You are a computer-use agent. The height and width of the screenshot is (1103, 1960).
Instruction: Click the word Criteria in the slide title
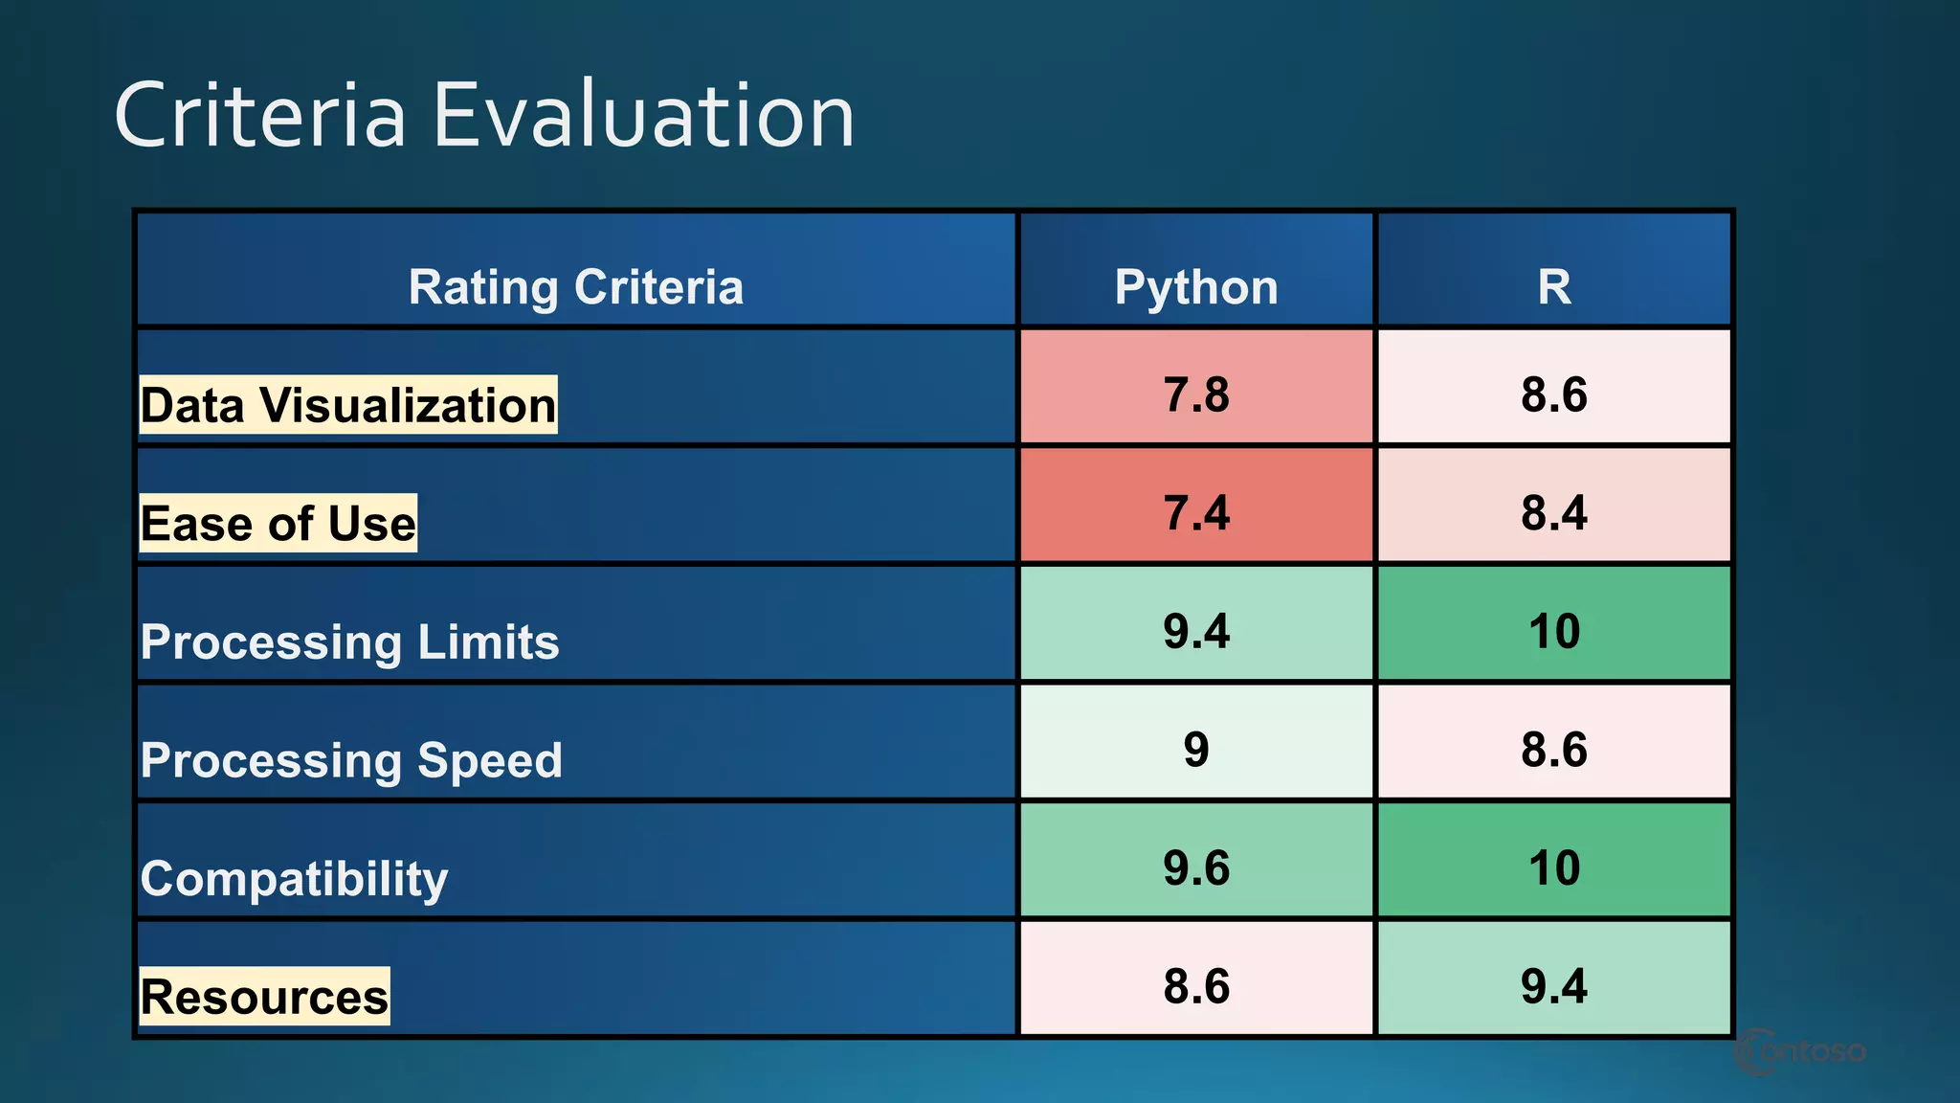click(260, 115)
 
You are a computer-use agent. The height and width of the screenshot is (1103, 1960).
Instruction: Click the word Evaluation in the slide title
click(643, 115)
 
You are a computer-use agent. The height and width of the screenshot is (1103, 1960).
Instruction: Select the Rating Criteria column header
click(575, 287)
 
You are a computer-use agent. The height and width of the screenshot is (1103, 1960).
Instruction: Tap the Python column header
click(1195, 287)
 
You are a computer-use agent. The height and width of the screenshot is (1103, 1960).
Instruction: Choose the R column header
click(1553, 287)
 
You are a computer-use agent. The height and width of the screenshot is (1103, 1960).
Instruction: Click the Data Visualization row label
click(347, 405)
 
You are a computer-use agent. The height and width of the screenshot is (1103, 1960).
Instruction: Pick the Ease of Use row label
click(278, 524)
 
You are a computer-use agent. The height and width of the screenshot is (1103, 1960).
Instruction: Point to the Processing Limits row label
click(349, 642)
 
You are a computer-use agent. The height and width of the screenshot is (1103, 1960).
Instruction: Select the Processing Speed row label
click(351, 760)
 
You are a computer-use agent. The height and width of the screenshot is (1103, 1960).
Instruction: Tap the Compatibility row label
click(294, 878)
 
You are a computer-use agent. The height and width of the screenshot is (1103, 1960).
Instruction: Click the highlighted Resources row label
click(264, 997)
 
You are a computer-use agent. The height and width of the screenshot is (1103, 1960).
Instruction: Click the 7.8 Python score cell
click(1195, 394)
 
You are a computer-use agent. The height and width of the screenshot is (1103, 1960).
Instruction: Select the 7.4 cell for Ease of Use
click(1195, 512)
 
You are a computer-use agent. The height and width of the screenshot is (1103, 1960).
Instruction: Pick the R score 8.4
click(1553, 512)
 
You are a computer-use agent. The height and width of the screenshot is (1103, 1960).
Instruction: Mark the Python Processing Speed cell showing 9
click(1195, 749)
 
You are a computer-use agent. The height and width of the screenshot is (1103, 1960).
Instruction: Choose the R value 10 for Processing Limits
click(1553, 631)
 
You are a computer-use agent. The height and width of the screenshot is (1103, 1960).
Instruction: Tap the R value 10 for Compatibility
click(1553, 867)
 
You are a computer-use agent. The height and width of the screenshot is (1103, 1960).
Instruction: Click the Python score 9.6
click(1195, 867)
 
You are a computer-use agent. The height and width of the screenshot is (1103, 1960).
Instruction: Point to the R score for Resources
click(1553, 986)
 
